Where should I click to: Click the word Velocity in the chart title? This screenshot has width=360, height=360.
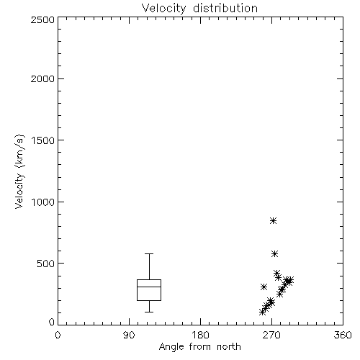coord(163,9)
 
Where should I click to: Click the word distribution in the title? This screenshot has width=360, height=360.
coord(225,8)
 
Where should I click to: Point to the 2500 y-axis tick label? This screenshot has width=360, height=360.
coord(42,19)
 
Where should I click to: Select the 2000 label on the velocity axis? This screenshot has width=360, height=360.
coord(42,79)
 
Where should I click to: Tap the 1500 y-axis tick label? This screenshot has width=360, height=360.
coord(43,140)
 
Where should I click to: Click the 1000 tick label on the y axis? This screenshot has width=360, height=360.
coord(43,202)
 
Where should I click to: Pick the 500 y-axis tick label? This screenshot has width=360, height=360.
coord(45,264)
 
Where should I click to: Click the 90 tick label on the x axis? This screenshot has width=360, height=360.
coord(129,335)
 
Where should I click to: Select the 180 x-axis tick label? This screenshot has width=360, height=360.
coord(200,335)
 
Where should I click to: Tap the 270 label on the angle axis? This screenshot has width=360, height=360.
coord(271,335)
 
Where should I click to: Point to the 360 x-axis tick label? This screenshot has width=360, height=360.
coord(343,335)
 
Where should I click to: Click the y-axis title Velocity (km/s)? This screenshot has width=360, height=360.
coord(19,171)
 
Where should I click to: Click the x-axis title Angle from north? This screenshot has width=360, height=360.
coord(199,347)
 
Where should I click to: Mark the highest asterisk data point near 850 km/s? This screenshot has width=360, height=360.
coord(273,220)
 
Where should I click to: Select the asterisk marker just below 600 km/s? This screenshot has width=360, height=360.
coord(274,253)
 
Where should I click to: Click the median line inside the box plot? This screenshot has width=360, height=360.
coord(149,287)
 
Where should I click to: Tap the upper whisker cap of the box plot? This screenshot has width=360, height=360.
coord(149,253)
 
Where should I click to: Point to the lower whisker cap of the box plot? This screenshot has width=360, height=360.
coord(149,312)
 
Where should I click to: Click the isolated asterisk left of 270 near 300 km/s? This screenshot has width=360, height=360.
coord(264,287)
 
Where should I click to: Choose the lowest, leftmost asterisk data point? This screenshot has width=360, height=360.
coord(262,312)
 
